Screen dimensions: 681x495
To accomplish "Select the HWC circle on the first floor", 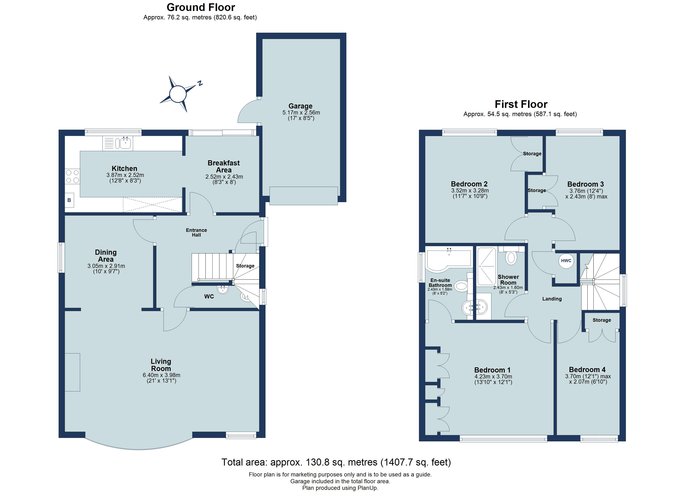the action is pos(566,260).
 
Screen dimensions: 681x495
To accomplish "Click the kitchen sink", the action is pos(118,143).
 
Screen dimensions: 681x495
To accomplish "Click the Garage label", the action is pos(300,106).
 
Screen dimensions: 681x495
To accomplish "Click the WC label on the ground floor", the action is pos(209,297).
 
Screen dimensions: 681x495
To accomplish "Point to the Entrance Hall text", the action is pos(196,232).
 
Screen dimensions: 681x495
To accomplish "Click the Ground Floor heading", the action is pos(201,7).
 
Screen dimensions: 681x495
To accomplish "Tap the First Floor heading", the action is pos(521,104).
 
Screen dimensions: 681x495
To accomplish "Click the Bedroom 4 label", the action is pos(587,370).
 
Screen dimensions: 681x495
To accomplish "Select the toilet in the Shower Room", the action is pos(511,258).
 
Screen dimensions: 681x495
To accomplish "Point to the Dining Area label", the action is pos(106,256).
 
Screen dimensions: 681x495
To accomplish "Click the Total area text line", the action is pos(336,462).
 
